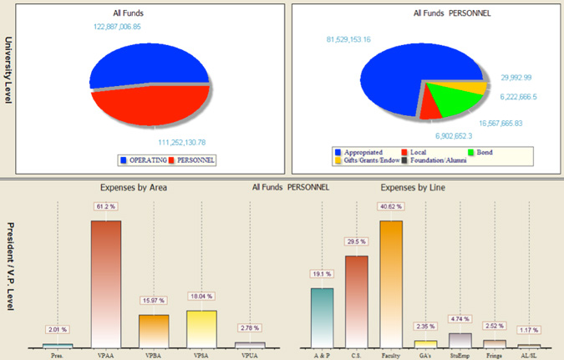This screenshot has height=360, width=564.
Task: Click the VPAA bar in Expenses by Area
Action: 105,284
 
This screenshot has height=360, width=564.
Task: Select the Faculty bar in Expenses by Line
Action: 390,284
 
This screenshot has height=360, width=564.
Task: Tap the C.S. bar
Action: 356,301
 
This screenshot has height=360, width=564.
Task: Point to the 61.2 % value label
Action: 106,205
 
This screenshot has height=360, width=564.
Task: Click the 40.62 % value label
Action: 391,205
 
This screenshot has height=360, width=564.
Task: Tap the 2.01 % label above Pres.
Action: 58,329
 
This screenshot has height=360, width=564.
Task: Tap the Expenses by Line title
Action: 412,188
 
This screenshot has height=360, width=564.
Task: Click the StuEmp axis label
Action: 460,355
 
